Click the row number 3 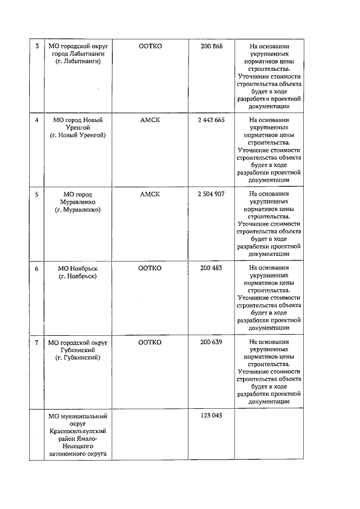click(37, 46)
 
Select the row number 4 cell click(37, 120)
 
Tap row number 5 click(37, 195)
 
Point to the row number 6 click(37, 268)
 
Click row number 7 click(37, 343)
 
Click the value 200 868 click(211, 46)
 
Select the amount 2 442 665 click(211, 120)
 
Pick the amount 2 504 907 click(211, 194)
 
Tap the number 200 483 click(211, 268)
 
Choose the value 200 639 click(211, 343)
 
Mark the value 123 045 click(211, 416)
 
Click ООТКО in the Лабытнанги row click(150, 46)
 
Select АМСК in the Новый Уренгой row click(150, 120)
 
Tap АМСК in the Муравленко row click(150, 194)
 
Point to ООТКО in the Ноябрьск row click(150, 268)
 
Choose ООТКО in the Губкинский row click(150, 343)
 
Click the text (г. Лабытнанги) click(78, 61)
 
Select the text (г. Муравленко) click(78, 209)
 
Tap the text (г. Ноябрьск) click(78, 276)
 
